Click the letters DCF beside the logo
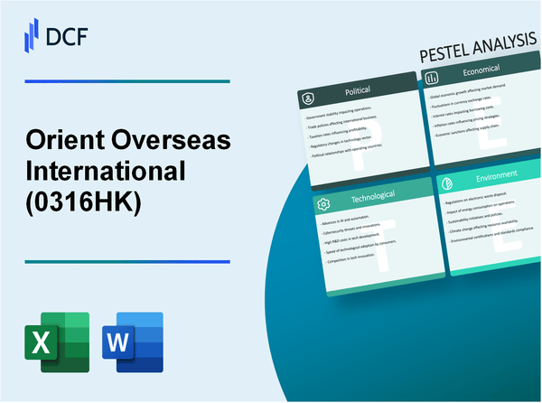tap(68, 35)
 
